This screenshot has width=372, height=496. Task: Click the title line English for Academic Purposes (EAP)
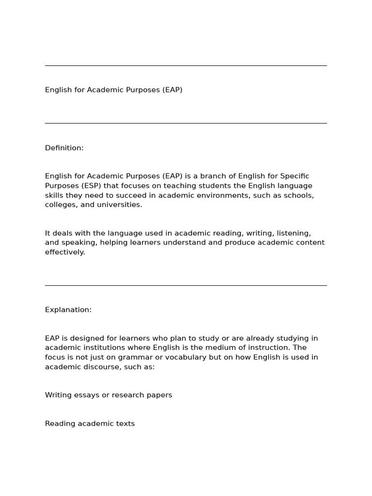114,90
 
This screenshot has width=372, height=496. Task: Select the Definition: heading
64,148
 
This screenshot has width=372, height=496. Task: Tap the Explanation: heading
68,310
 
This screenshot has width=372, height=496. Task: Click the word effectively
65,252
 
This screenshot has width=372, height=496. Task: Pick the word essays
85,395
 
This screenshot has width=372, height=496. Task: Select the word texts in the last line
125,423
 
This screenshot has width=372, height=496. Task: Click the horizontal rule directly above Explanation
186,285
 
